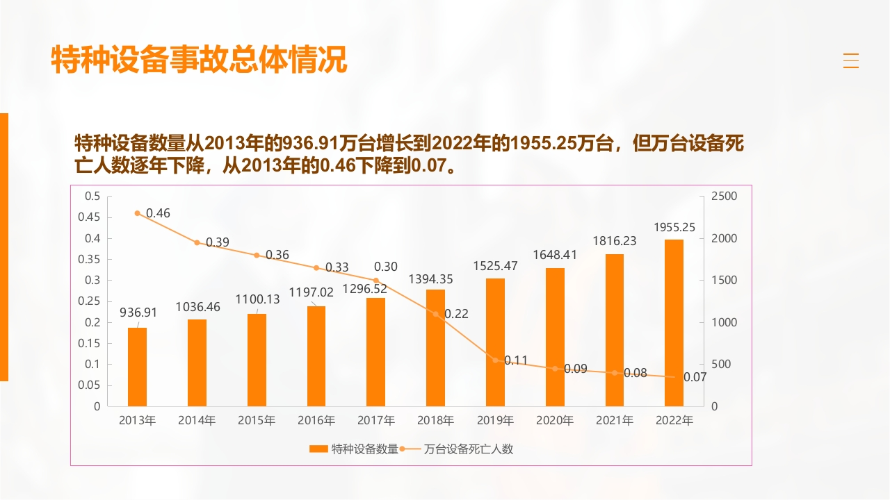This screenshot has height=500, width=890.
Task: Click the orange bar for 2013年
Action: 138,367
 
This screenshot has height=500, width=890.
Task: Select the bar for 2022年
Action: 674,323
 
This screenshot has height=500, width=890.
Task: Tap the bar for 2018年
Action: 435,347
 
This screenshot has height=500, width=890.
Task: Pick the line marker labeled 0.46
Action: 138,213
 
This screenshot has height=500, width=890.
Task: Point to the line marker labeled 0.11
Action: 496,360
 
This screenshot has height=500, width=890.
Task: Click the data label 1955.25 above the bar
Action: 674,227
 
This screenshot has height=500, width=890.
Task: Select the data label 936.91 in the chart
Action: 138,312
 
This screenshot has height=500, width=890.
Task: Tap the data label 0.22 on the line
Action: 456,314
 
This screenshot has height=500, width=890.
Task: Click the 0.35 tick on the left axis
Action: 92,259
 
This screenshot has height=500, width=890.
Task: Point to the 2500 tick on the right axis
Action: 724,197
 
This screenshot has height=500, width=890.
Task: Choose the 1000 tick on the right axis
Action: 724,322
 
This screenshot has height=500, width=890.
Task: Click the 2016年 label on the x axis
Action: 316,420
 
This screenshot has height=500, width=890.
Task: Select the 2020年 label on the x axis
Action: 555,420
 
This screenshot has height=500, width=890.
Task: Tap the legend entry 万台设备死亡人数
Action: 468,449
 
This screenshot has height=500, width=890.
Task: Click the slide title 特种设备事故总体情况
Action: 199,60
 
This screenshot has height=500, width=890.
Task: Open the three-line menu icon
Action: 851,60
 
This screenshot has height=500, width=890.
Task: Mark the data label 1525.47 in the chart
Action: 495,265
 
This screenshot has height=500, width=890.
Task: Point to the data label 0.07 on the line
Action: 695,377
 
